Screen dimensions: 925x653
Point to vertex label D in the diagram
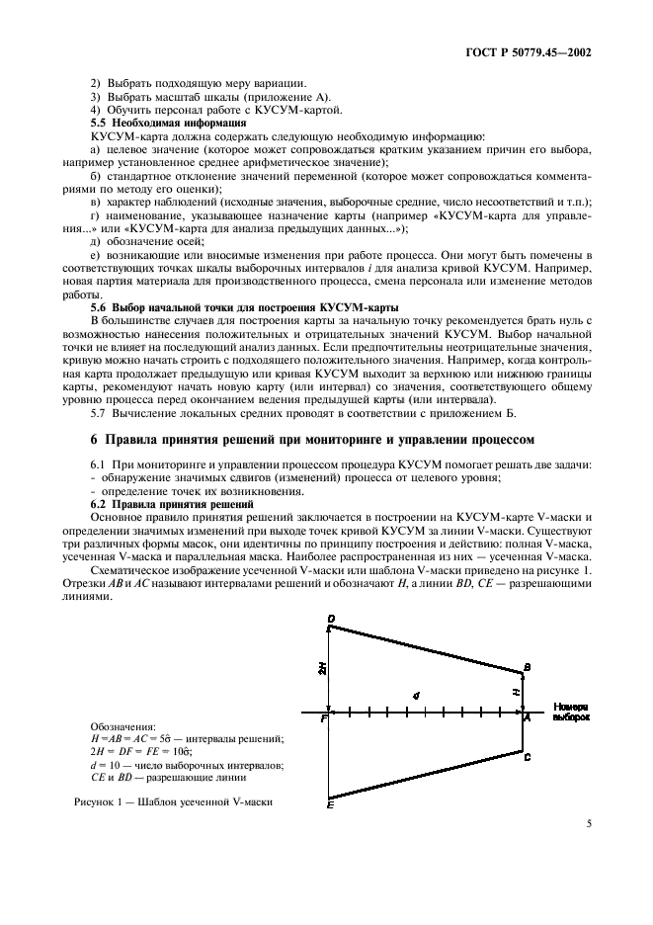click(331, 620)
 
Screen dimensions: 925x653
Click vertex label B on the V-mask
click(528, 669)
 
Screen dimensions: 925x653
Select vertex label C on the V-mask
click(528, 757)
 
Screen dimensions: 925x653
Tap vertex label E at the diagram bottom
click(329, 806)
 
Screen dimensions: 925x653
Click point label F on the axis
click(322, 719)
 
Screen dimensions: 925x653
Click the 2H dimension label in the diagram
click(321, 669)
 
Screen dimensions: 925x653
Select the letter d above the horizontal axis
click(416, 696)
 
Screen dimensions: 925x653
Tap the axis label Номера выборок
click(571, 713)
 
